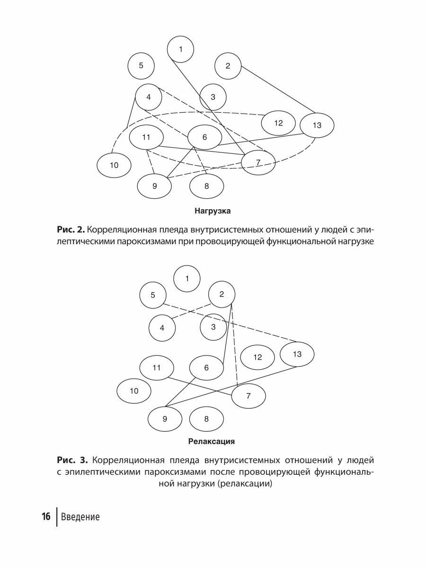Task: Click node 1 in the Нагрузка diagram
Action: pos(180,49)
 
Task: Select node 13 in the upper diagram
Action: pos(317,125)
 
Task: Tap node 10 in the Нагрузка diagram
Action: pos(114,165)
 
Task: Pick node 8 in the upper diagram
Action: pos(206,186)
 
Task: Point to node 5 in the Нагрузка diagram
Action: pos(141,65)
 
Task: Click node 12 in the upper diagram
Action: pos(278,123)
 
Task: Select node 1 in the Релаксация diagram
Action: pos(187,278)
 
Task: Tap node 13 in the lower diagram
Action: pos(297,354)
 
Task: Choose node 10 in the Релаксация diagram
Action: pos(134,391)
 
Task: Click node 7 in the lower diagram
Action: pos(248,396)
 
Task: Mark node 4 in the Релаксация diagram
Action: pos(162,327)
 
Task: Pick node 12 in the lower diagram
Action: pos(257,357)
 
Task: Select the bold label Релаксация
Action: pos(212,442)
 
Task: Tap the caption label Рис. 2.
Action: pos(71,230)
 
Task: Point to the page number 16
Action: pos(46,516)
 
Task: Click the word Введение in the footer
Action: pos(80,517)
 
